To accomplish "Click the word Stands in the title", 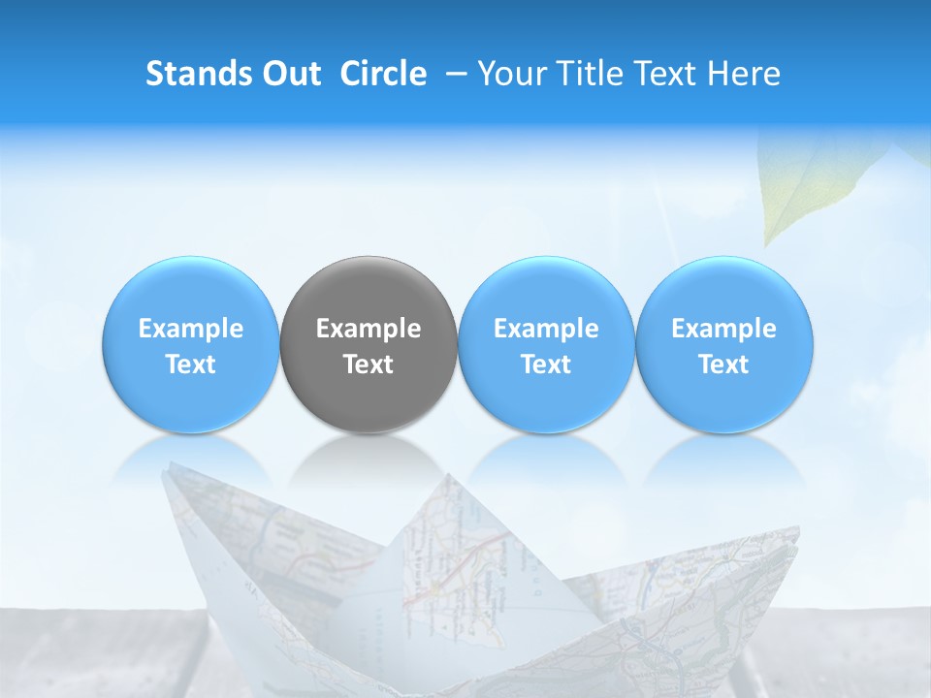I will click(198, 74).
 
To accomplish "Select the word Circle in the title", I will click(383, 74).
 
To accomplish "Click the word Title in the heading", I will click(585, 74).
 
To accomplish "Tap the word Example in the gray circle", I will click(369, 329).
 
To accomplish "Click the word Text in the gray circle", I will click(369, 365).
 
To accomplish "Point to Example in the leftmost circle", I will click(191, 329).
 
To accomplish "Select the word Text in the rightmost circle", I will click(724, 365).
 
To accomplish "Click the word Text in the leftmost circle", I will click(191, 365).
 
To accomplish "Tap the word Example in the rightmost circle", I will click(724, 329).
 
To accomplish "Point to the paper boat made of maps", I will click(485, 582).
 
